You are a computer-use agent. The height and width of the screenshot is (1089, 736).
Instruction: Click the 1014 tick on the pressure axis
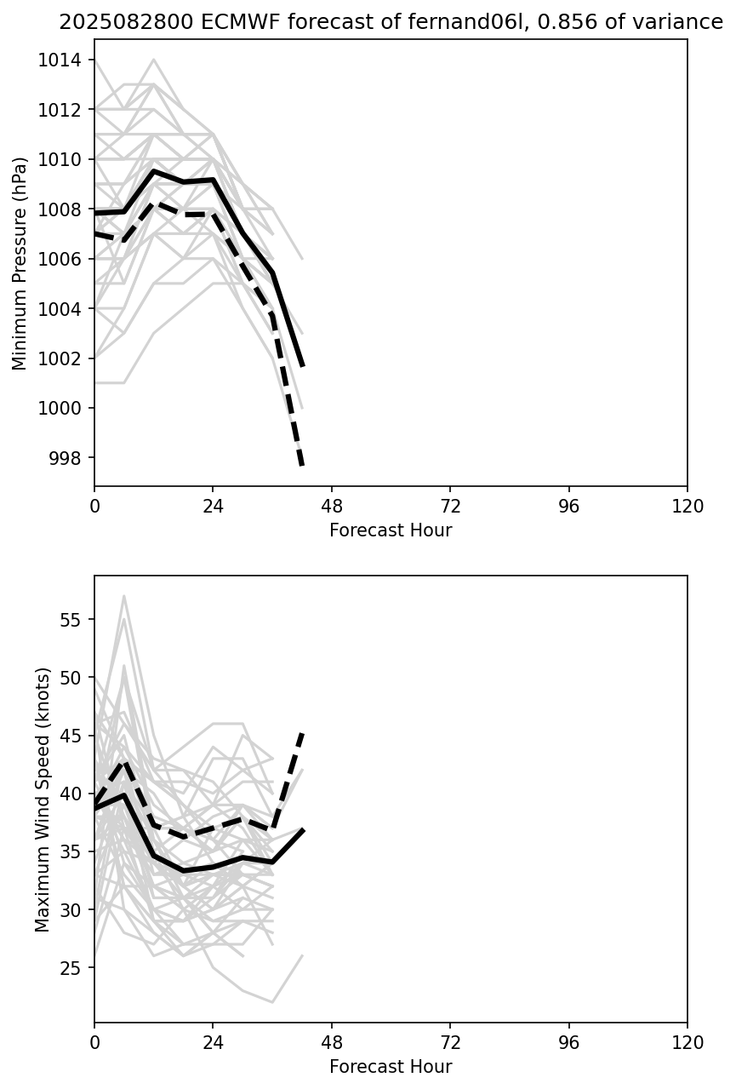tap(65, 60)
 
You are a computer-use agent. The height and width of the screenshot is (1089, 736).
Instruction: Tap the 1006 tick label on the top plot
tap(65, 259)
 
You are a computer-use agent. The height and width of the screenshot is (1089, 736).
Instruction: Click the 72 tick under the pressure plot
tap(450, 507)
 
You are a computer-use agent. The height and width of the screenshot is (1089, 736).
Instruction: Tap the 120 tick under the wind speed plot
tap(687, 1043)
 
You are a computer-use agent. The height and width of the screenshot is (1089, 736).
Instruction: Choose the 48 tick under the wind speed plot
tap(332, 1043)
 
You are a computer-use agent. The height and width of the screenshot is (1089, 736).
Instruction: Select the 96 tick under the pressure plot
tap(568, 507)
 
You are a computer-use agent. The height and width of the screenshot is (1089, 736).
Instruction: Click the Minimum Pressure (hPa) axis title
tap(20, 262)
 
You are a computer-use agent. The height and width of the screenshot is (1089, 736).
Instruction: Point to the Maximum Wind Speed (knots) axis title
tap(43, 799)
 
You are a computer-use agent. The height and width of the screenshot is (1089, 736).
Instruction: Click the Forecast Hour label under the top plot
tap(391, 530)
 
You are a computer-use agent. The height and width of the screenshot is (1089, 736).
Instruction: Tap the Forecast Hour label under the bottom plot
tap(391, 1067)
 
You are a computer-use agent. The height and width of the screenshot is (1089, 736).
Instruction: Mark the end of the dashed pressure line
tap(302, 466)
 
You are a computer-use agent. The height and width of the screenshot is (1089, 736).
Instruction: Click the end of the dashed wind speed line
tap(303, 733)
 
